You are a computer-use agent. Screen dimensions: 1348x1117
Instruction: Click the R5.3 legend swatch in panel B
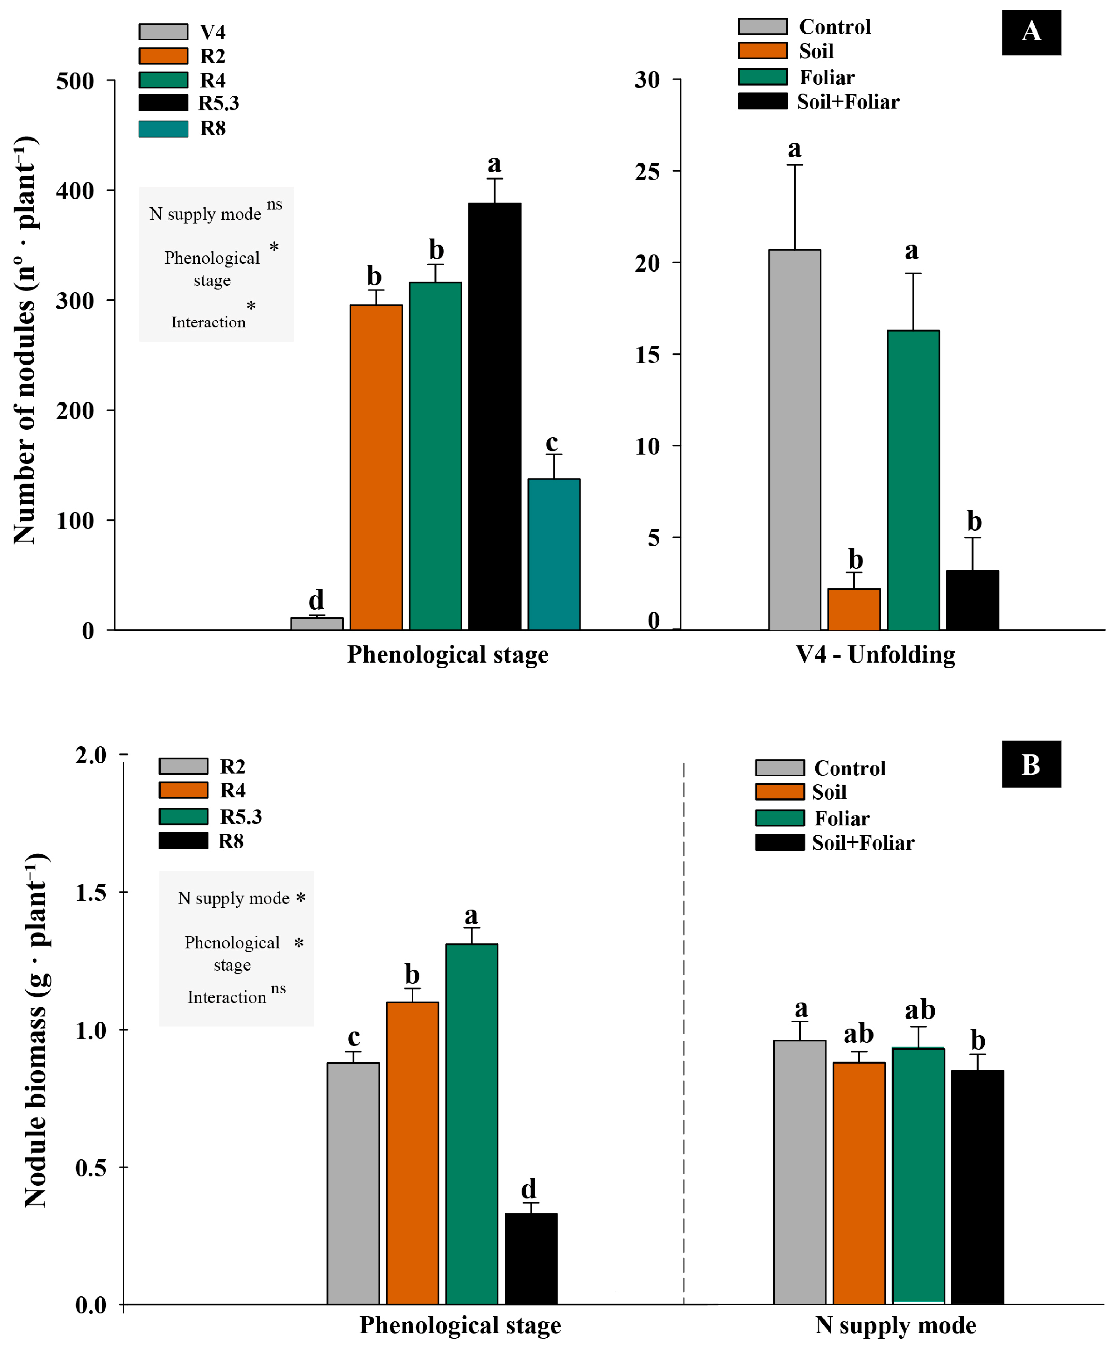tap(183, 816)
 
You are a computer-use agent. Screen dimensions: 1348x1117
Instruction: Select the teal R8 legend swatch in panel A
tap(164, 128)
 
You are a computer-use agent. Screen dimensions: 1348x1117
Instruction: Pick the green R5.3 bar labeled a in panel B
tap(472, 1123)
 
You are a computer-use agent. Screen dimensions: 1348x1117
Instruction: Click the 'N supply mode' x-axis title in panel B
tap(896, 1325)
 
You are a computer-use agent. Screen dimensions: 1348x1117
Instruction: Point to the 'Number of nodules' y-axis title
tap(26, 340)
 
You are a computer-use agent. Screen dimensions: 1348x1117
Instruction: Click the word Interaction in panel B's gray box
tap(226, 997)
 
